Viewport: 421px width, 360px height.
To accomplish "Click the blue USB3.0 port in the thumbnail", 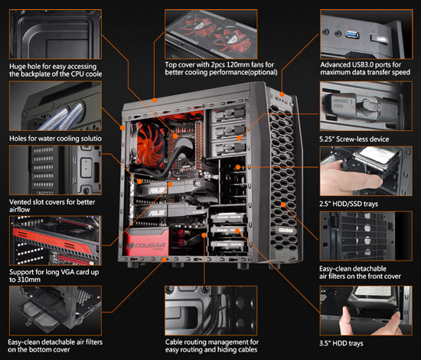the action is tap(352, 34).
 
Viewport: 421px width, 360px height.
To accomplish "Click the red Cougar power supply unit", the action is tap(146, 242).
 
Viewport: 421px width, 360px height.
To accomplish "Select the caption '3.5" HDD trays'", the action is tap(341, 343).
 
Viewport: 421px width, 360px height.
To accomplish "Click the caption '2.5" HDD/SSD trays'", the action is tap(348, 204).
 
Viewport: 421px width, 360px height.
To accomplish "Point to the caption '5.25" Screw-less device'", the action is tap(354, 139).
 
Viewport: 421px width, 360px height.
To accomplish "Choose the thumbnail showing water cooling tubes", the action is tap(55, 106).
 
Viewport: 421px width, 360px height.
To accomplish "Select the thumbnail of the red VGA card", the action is tap(55, 241).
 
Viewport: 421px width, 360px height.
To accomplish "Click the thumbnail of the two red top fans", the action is tap(211, 34).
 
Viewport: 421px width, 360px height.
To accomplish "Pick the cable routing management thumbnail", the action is tap(211, 310).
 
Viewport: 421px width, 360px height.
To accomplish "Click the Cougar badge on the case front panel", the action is tap(286, 230).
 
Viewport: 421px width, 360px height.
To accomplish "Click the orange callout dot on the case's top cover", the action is tap(155, 100).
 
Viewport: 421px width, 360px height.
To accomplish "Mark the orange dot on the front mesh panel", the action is tap(283, 205).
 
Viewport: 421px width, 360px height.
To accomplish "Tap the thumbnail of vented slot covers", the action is tap(55, 170).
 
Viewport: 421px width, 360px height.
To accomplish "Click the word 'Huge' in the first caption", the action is tap(18, 67).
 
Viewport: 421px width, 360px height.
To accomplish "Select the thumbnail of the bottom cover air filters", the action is tap(55, 310).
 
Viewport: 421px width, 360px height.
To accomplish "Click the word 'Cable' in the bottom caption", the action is tap(174, 342).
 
